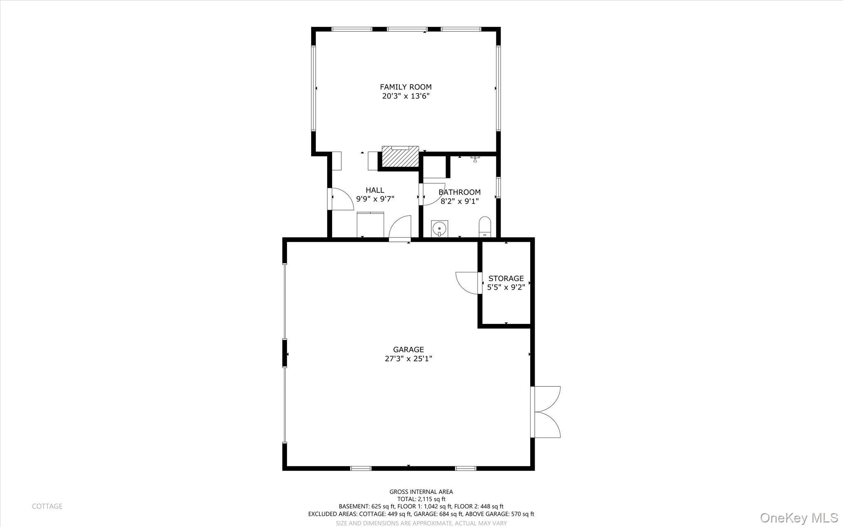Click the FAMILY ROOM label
pyautogui.click(x=405, y=87)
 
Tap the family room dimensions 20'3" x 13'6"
pyautogui.click(x=405, y=96)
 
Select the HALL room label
pyautogui.click(x=375, y=190)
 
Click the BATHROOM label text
pyautogui.click(x=459, y=192)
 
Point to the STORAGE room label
pyautogui.click(x=506, y=279)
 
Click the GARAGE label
pyautogui.click(x=408, y=350)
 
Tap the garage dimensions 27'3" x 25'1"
pyautogui.click(x=408, y=359)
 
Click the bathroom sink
pyautogui.click(x=440, y=228)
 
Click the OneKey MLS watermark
pyautogui.click(x=799, y=518)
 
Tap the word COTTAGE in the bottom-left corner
pyautogui.click(x=47, y=506)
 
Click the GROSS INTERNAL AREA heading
pyautogui.click(x=421, y=492)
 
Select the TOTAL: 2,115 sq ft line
pyautogui.click(x=421, y=499)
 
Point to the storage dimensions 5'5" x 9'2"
pyautogui.click(x=506, y=288)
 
